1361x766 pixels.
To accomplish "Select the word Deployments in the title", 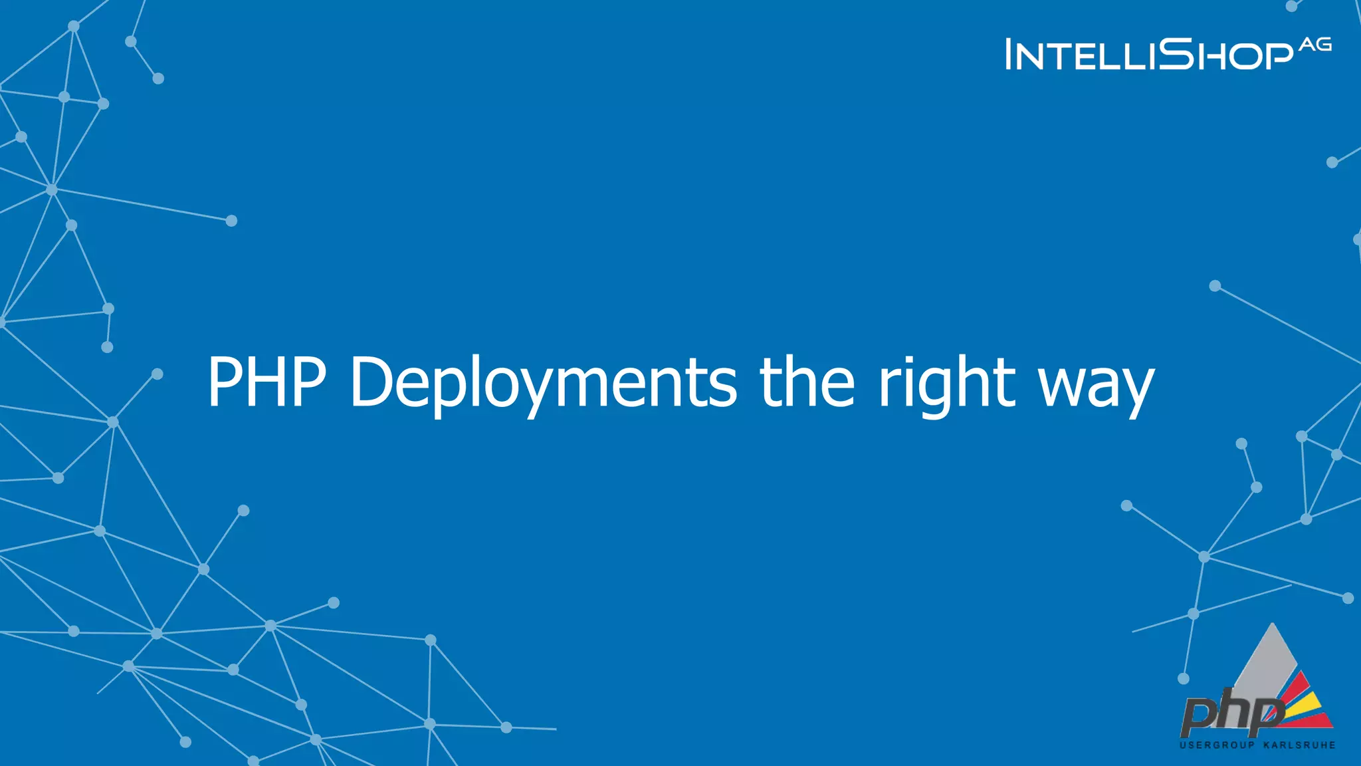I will pos(544,383).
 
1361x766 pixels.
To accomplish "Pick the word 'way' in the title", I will pos(1097,388).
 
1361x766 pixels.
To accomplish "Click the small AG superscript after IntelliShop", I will pos(1315,45).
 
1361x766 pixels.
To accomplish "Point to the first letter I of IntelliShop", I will pos(1009,55).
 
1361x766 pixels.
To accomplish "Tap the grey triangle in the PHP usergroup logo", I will pos(1267,662).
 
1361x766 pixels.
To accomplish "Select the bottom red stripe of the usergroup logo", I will pos(1312,720).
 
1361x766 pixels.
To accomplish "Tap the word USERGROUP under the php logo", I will pos(1217,745).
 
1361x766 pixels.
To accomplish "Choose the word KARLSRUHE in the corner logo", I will pos(1299,745).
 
